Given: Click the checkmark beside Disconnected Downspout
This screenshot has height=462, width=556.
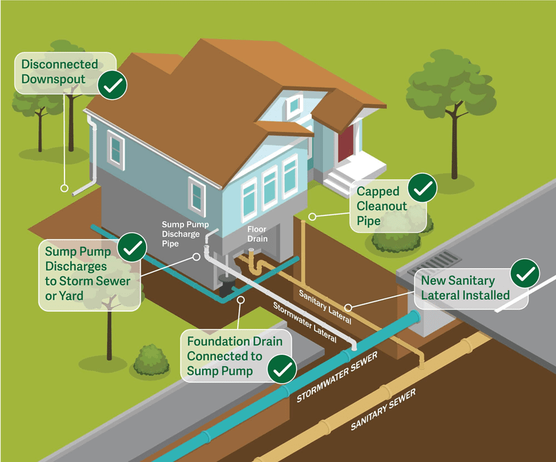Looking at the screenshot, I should [112, 86].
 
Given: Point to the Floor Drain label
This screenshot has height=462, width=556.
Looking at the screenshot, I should [257, 234].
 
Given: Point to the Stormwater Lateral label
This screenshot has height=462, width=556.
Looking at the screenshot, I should [304, 322].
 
